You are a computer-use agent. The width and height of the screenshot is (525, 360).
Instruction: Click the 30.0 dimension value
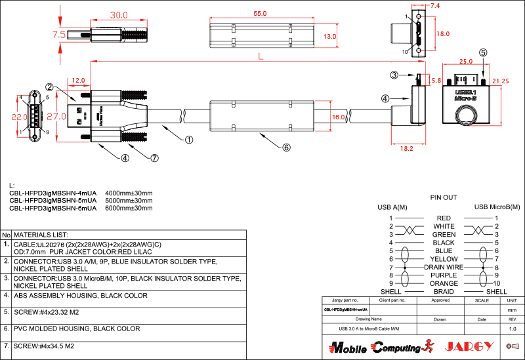[x=119, y=15]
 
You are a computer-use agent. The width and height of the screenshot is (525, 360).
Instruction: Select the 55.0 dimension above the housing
[x=260, y=13]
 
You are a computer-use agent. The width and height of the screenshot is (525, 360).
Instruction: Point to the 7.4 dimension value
[x=435, y=5]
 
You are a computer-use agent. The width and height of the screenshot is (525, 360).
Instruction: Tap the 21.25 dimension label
[x=501, y=81]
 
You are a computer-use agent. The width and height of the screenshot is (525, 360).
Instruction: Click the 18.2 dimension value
[x=408, y=149]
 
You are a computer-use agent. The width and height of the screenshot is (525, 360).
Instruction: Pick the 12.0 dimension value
[x=79, y=80]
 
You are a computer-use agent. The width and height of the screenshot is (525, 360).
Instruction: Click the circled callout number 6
[x=286, y=148]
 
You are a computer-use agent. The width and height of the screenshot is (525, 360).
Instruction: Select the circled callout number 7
[x=155, y=158]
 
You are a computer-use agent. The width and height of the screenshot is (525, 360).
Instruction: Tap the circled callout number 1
[x=189, y=139]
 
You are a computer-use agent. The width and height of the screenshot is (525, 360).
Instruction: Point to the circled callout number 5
[x=483, y=52]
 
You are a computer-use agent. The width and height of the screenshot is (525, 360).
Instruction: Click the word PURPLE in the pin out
[x=444, y=275]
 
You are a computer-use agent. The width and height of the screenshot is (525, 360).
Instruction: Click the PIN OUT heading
[x=444, y=197]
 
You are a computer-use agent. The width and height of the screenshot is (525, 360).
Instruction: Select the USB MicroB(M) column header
[x=497, y=207]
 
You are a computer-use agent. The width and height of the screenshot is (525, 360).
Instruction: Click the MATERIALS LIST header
[x=41, y=234]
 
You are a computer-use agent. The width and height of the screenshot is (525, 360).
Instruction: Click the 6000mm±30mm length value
[x=129, y=208]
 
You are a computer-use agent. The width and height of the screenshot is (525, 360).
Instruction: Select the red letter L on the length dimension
[x=261, y=57]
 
